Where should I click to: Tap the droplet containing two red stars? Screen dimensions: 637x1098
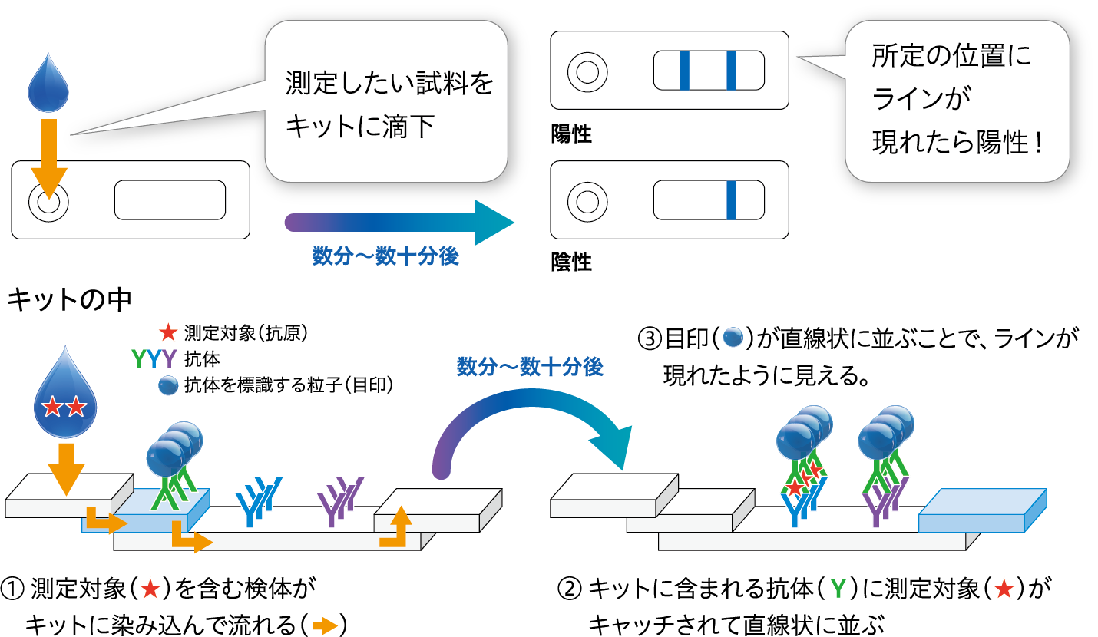click(x=64, y=399)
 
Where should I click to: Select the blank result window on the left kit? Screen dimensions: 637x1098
click(x=170, y=200)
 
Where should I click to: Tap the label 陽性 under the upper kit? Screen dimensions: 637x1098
click(x=571, y=135)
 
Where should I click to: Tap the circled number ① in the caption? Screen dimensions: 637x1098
click(x=13, y=589)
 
